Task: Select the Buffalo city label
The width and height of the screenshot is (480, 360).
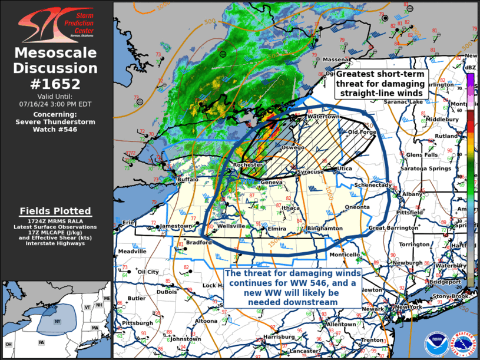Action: click(x=188, y=179)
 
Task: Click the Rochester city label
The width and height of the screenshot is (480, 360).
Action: click(x=247, y=165)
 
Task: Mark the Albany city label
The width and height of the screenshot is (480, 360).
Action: click(x=412, y=194)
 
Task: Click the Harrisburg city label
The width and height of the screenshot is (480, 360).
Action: click(x=278, y=337)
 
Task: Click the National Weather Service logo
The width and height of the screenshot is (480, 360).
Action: click(x=461, y=344)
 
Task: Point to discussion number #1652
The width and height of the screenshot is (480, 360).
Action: click(x=57, y=83)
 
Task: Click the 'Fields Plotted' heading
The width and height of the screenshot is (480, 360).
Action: click(x=55, y=211)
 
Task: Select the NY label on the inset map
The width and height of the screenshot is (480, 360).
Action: click(x=58, y=322)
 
